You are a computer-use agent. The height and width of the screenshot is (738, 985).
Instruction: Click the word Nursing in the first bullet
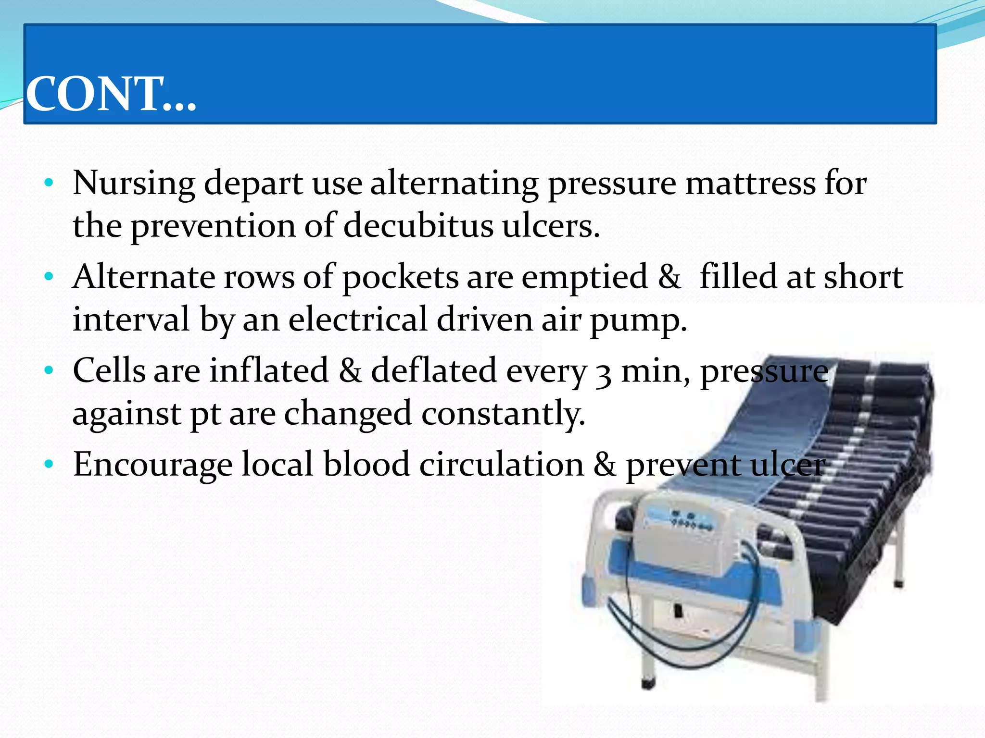[x=134, y=184]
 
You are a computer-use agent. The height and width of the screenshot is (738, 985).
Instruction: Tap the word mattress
[x=750, y=183]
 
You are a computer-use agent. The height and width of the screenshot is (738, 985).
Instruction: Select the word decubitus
[x=418, y=225]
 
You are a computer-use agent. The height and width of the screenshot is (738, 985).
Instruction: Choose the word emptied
[x=584, y=278]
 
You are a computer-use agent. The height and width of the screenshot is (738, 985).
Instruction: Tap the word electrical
[x=358, y=320]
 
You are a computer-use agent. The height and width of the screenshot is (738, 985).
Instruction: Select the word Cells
[x=109, y=370]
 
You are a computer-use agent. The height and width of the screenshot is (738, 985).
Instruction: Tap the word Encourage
[x=152, y=465]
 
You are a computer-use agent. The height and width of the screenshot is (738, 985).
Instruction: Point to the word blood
[x=366, y=465]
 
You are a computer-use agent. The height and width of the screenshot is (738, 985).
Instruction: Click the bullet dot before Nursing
[x=48, y=183]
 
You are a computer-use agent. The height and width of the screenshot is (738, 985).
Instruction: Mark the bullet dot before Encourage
[x=48, y=464]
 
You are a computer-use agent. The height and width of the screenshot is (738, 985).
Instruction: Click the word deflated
[x=433, y=370]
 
